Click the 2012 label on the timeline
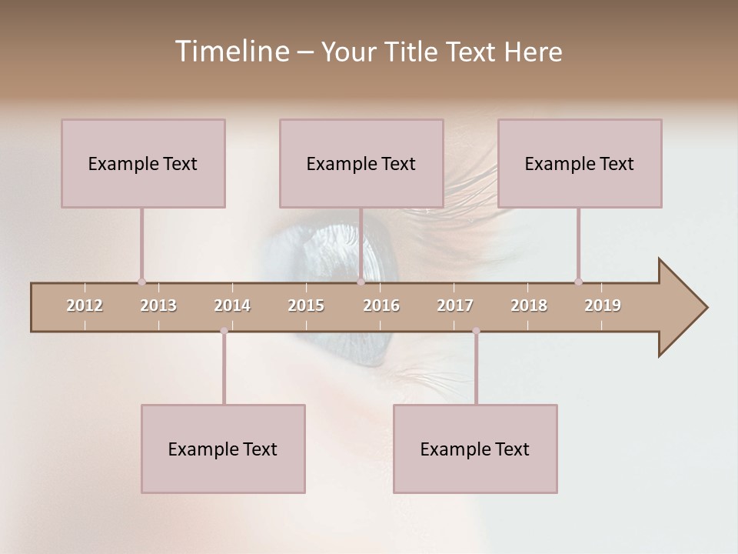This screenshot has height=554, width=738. pyautogui.click(x=85, y=305)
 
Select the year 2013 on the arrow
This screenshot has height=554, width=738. pyautogui.click(x=158, y=305)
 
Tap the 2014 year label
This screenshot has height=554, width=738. pyautogui.click(x=232, y=305)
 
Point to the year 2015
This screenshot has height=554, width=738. pyautogui.click(x=306, y=305)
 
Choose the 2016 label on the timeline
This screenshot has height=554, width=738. pyautogui.click(x=381, y=305)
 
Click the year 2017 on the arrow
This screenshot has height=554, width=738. pyautogui.click(x=455, y=305)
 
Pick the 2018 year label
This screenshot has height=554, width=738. pyautogui.click(x=529, y=305)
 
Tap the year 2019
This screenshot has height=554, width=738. pyautogui.click(x=603, y=305)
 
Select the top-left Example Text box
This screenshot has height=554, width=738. pyautogui.click(x=143, y=163)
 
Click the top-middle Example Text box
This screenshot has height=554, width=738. pyautogui.click(x=361, y=163)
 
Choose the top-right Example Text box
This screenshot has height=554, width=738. pyautogui.click(x=580, y=163)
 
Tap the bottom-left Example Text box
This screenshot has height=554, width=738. pyautogui.click(x=223, y=449)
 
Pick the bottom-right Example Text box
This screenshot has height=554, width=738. pyautogui.click(x=475, y=449)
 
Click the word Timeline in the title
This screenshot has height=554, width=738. pyautogui.click(x=231, y=52)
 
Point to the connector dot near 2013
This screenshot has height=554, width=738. pyautogui.click(x=141, y=282)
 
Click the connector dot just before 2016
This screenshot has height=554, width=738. pyautogui.click(x=361, y=282)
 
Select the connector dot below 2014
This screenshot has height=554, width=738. pyautogui.click(x=224, y=331)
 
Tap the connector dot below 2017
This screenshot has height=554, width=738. pyautogui.click(x=476, y=331)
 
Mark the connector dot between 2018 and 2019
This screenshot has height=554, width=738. pyautogui.click(x=578, y=282)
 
